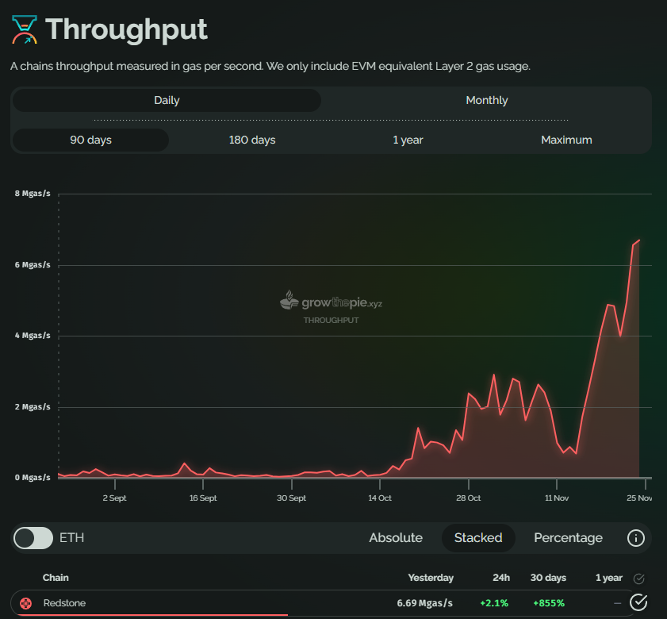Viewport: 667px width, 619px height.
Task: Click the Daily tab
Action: tap(167, 100)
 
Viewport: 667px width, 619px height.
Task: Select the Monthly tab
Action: tap(487, 100)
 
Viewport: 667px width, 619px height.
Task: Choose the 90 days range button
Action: tap(90, 140)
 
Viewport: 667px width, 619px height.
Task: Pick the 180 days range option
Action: tap(252, 140)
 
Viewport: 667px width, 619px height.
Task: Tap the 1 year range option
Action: tap(408, 140)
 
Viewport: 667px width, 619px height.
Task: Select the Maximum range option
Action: tap(566, 140)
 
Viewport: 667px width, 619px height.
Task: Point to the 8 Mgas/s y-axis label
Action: tap(33, 194)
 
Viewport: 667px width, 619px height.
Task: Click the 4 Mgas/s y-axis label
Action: tap(33, 336)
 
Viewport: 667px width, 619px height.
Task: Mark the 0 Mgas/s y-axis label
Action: tap(33, 478)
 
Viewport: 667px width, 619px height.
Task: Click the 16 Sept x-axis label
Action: tap(203, 498)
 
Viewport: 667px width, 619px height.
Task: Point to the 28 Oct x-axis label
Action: tap(468, 498)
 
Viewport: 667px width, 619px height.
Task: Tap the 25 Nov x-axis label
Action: tap(639, 498)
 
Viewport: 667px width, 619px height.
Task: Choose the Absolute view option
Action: tap(396, 538)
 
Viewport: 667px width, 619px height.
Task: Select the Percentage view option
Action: tap(568, 538)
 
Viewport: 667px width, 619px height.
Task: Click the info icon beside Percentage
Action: tap(635, 538)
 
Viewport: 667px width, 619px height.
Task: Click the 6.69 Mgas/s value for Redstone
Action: tap(425, 603)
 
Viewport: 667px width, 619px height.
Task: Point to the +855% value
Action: tap(549, 603)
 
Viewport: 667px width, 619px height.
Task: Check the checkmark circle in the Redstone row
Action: tap(638, 603)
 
